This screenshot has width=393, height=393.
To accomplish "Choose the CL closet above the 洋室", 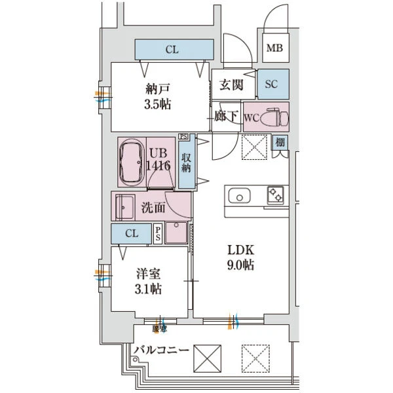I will coord(132,233).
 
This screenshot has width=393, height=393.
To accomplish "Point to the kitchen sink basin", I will coord(239,196).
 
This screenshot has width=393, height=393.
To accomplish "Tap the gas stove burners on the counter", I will coord(274,195).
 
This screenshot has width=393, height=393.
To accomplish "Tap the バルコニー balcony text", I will coord(160,350).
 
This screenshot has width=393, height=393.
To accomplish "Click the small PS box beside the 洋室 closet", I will coord(158,234).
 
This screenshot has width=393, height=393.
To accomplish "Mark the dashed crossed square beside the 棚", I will coord(254,147).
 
